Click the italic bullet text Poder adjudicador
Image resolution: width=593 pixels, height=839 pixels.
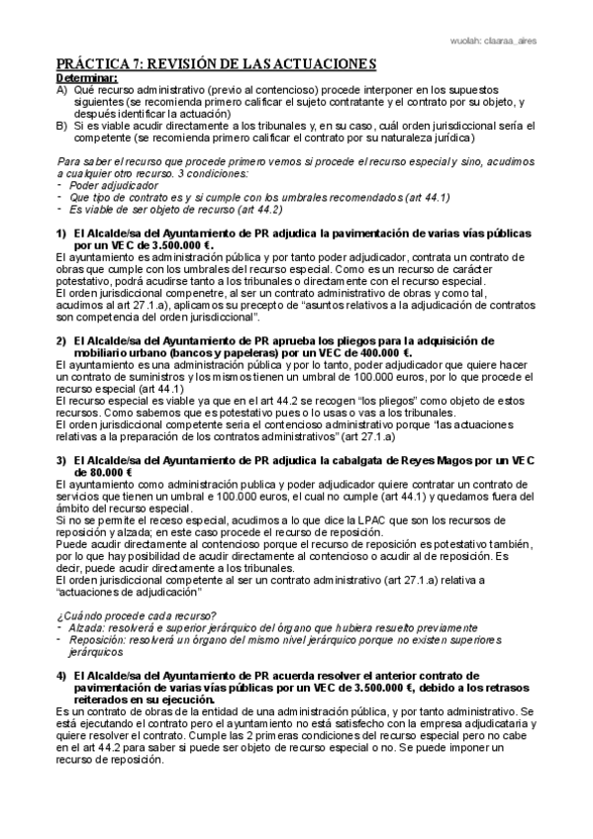tap(110, 185)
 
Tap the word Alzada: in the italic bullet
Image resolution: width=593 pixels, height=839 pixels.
tap(88, 629)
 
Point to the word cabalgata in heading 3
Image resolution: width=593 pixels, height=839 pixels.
tap(359, 460)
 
